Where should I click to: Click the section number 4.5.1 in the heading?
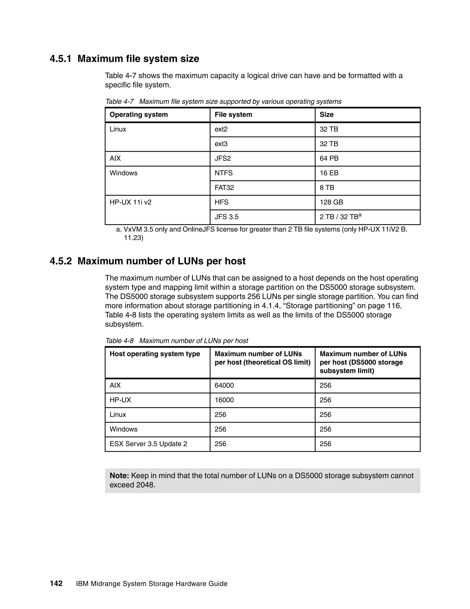pos(60,59)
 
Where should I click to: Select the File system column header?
pos(233,115)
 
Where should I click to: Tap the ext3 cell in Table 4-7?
pos(221,144)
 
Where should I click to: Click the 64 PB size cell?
pos(329,158)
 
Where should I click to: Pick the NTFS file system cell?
pos(223,173)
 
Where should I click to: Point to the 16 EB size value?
pos(329,173)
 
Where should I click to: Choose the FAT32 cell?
pos(224,188)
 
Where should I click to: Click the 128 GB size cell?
pos(331,202)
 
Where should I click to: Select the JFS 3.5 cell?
pos(226,217)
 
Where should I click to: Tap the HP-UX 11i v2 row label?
pos(130,202)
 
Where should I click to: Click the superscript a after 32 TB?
pos(360,215)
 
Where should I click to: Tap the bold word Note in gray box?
pos(119,476)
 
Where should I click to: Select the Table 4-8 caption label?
pos(119,341)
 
